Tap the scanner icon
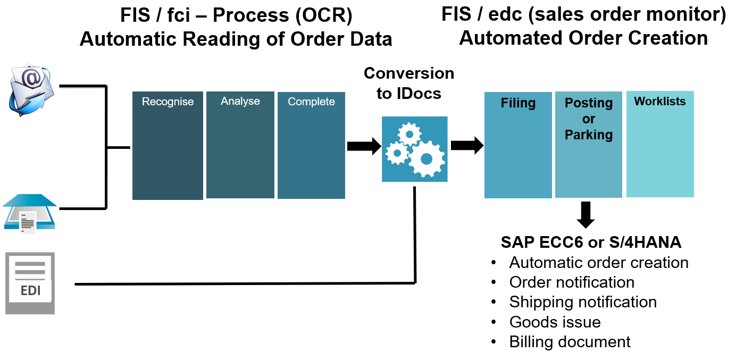coord(29,213)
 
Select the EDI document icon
coord(30,283)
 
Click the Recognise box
coord(168,146)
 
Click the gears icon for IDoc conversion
coord(414,149)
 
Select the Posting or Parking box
coord(588,145)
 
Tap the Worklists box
coord(660,144)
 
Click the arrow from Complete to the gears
coord(364,146)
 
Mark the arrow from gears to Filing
coord(466,145)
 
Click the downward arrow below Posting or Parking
coord(586,214)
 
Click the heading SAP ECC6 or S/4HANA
coord(591,242)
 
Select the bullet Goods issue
coord(555,322)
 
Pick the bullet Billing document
coord(570,341)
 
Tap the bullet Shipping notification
coord(583,302)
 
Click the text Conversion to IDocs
coord(408,83)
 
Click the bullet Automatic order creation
coord(599,263)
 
